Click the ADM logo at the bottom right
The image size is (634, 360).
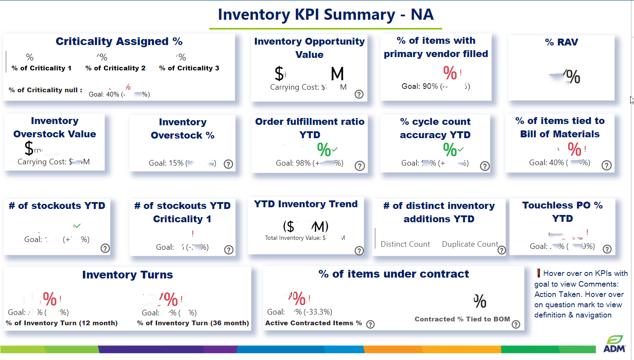[x=614, y=344]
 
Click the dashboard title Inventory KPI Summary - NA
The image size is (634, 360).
[x=325, y=15]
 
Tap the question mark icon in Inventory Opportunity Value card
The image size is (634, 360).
[x=359, y=94]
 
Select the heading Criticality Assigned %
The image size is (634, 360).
[x=119, y=41]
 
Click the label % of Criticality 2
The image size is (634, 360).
[x=115, y=68]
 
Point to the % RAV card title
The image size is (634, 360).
[x=561, y=42]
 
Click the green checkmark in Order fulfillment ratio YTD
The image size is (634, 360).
[x=335, y=149]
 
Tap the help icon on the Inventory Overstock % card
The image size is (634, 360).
[x=228, y=164]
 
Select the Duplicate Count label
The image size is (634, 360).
[x=470, y=244]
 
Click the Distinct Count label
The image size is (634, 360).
[x=405, y=244]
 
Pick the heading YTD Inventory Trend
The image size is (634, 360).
[x=306, y=204]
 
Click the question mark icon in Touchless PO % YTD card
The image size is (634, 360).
[x=607, y=249]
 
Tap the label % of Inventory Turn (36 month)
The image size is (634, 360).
[x=193, y=323]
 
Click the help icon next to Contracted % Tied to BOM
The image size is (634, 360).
[x=516, y=324]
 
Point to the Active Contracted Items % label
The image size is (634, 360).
[x=313, y=323]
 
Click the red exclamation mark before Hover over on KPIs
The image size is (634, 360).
[x=538, y=273]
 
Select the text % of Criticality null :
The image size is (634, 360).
[x=46, y=90]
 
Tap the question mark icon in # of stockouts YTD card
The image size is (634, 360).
[x=105, y=248]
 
